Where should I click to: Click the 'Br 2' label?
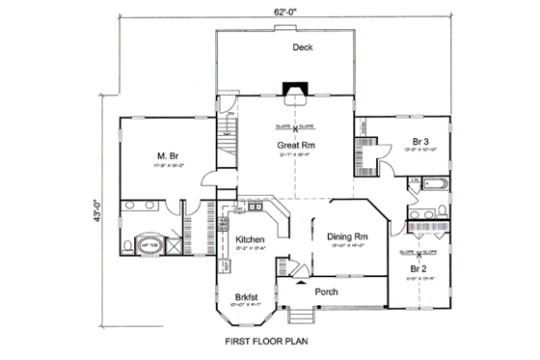(417, 268)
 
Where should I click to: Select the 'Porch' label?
(326, 291)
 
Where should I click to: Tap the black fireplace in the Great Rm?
(292, 93)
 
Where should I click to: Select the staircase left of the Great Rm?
(228, 150)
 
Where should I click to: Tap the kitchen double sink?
(252, 207)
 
